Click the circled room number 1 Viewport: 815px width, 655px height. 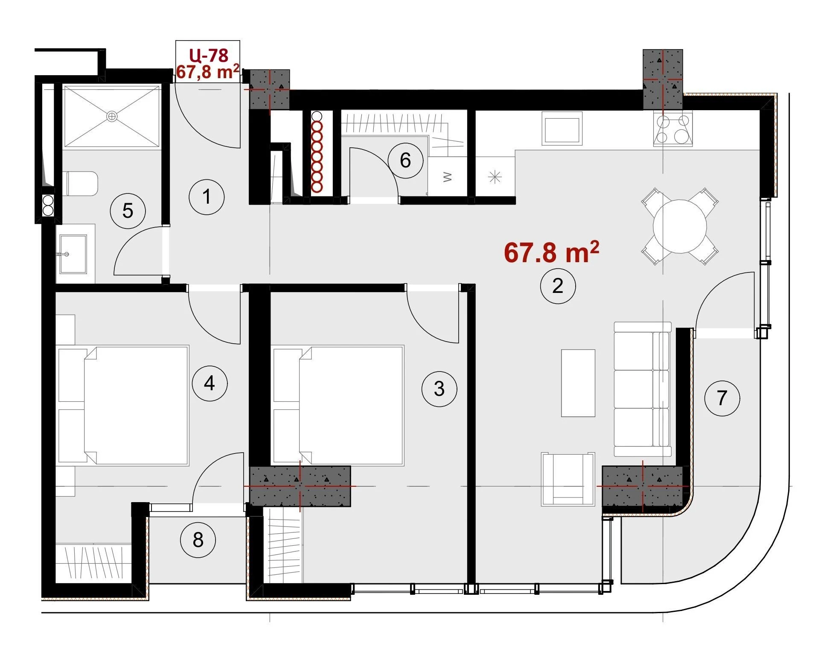(x=207, y=197)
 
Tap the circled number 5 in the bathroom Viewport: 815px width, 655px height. (x=128, y=211)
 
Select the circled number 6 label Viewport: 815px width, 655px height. (x=405, y=160)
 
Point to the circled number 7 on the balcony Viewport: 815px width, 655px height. (x=722, y=398)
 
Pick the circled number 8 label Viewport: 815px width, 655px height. (x=198, y=540)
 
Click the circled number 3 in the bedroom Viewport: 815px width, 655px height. (x=439, y=389)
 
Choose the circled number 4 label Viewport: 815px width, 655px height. (x=210, y=383)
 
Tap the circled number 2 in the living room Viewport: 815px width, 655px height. (x=558, y=286)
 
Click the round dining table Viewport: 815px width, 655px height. (x=680, y=226)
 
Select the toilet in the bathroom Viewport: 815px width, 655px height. (x=81, y=184)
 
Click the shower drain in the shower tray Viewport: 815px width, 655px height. (x=112, y=116)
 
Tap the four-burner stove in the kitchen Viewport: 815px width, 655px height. (x=672, y=129)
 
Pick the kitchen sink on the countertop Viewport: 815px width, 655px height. (x=562, y=128)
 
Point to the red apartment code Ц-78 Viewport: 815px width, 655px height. (x=209, y=55)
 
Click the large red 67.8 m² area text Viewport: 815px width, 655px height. (x=551, y=252)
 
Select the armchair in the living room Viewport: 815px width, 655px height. (x=568, y=479)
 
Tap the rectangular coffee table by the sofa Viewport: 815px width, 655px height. (x=578, y=383)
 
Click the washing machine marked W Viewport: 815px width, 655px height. (x=448, y=176)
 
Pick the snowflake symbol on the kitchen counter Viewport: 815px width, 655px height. (x=495, y=176)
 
